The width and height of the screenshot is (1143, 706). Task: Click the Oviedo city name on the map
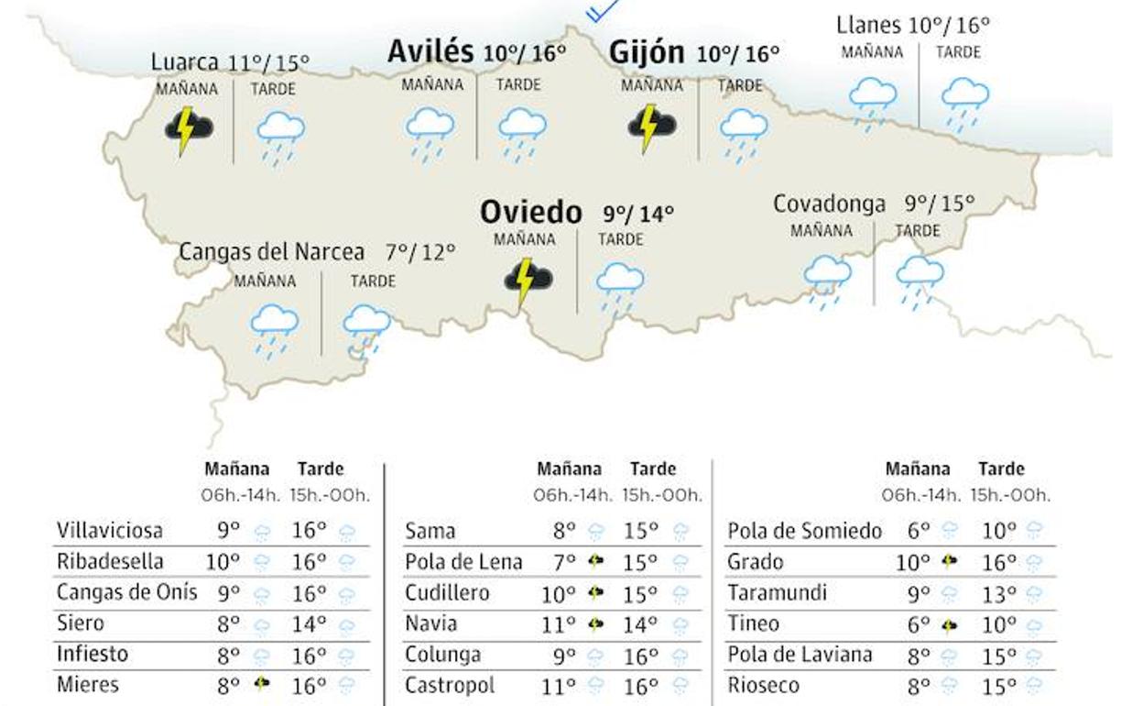(x=530, y=213)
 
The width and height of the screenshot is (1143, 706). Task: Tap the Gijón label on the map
(x=647, y=53)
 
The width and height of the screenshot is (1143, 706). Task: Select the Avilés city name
(x=430, y=51)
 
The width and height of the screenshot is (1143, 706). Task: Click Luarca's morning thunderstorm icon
(x=189, y=129)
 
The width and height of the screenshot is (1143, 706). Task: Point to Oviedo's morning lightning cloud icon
(x=528, y=279)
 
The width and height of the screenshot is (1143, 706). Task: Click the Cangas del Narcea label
(x=271, y=252)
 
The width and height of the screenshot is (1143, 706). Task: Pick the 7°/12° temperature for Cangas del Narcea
(x=419, y=252)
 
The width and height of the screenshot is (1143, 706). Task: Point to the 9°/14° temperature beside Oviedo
(x=637, y=215)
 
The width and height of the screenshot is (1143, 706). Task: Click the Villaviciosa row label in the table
(x=110, y=531)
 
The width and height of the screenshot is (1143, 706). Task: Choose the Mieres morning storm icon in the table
(x=263, y=684)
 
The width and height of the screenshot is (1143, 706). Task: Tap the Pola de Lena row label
(x=463, y=562)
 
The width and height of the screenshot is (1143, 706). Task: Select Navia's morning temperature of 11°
(x=558, y=625)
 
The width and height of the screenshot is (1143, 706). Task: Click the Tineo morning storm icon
(x=949, y=625)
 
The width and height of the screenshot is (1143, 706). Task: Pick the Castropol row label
(x=450, y=686)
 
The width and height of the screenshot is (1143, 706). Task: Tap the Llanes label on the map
(x=869, y=25)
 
